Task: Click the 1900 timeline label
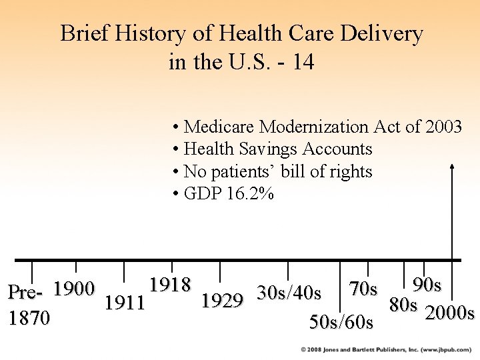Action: click(x=75, y=289)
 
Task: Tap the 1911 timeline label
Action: click(x=125, y=303)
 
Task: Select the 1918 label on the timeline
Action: click(x=171, y=285)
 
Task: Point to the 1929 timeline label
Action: click(x=222, y=301)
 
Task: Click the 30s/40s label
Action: click(x=289, y=293)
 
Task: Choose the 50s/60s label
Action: click(x=341, y=323)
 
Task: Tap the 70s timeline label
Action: click(x=363, y=289)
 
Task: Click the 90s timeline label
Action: click(x=427, y=285)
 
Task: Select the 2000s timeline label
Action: click(x=449, y=312)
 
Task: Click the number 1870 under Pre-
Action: click(x=29, y=318)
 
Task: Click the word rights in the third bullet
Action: click(x=352, y=171)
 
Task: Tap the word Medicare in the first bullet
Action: click(x=219, y=126)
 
